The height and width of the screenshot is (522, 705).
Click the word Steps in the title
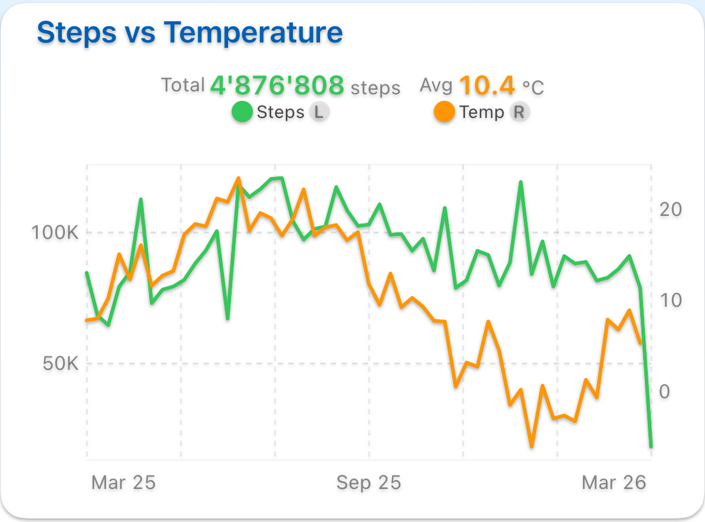click(77, 33)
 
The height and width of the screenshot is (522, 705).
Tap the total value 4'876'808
click(277, 86)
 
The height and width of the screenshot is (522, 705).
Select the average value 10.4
click(487, 86)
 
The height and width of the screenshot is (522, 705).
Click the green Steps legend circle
click(242, 112)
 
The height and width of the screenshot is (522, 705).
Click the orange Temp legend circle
click(444, 112)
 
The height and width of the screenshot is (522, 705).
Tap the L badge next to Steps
click(319, 112)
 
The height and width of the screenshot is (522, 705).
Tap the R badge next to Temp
click(519, 112)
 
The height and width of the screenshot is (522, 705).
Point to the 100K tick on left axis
click(55, 232)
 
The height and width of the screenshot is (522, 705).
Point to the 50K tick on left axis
click(60, 363)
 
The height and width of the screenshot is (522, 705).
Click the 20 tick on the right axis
click(670, 209)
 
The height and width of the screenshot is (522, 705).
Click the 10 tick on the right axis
click(670, 300)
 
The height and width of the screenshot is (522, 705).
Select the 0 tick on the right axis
click(665, 392)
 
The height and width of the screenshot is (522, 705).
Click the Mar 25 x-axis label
click(123, 483)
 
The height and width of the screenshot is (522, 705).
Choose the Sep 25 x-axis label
click(368, 483)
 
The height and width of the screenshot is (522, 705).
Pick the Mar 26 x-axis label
click(614, 483)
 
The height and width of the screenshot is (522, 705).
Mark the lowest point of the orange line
click(532, 446)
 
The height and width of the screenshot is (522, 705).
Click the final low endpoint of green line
click(651, 446)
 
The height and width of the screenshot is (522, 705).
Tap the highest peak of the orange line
click(238, 178)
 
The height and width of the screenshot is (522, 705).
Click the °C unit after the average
click(533, 88)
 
